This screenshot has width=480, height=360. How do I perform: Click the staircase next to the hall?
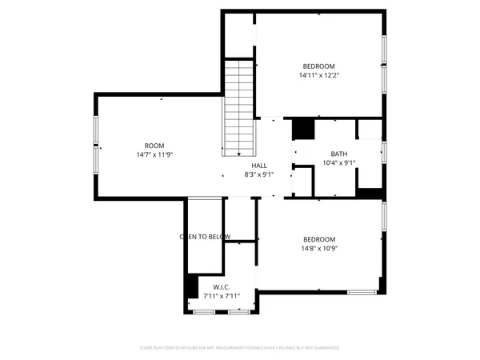239,108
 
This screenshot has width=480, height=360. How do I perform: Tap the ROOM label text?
154,146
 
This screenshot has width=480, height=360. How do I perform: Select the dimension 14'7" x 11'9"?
154,155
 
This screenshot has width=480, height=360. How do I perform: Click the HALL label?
259,165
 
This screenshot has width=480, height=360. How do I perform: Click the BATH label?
338,154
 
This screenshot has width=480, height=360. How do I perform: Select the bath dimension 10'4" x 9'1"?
338,162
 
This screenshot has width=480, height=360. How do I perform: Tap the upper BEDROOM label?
318,66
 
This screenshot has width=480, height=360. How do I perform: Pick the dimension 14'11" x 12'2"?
318,76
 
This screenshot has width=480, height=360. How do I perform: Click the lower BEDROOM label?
318,239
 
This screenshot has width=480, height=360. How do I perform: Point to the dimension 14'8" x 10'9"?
318,249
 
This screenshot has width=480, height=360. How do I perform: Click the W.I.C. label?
222,287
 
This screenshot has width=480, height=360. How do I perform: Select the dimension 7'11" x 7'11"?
222,296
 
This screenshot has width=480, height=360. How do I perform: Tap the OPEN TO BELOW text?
205,237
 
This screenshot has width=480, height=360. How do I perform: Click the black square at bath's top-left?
302,128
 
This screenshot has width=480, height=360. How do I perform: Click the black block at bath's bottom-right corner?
369,193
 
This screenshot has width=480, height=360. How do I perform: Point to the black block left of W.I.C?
192,286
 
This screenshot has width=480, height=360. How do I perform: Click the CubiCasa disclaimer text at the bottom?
240,348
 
